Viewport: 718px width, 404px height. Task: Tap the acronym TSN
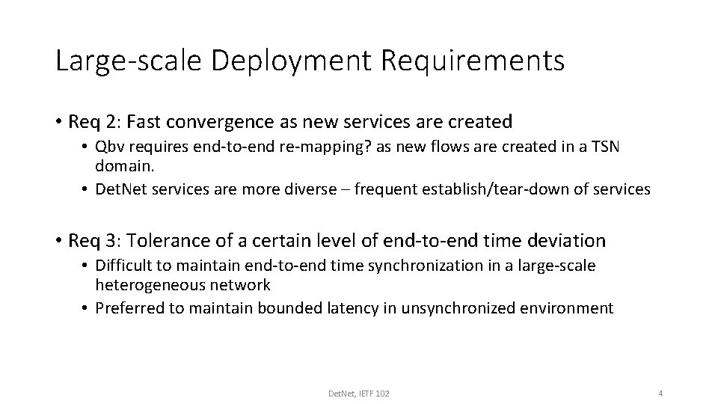pyautogui.click(x=604, y=147)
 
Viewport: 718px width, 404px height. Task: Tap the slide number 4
pyautogui.click(x=660, y=394)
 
